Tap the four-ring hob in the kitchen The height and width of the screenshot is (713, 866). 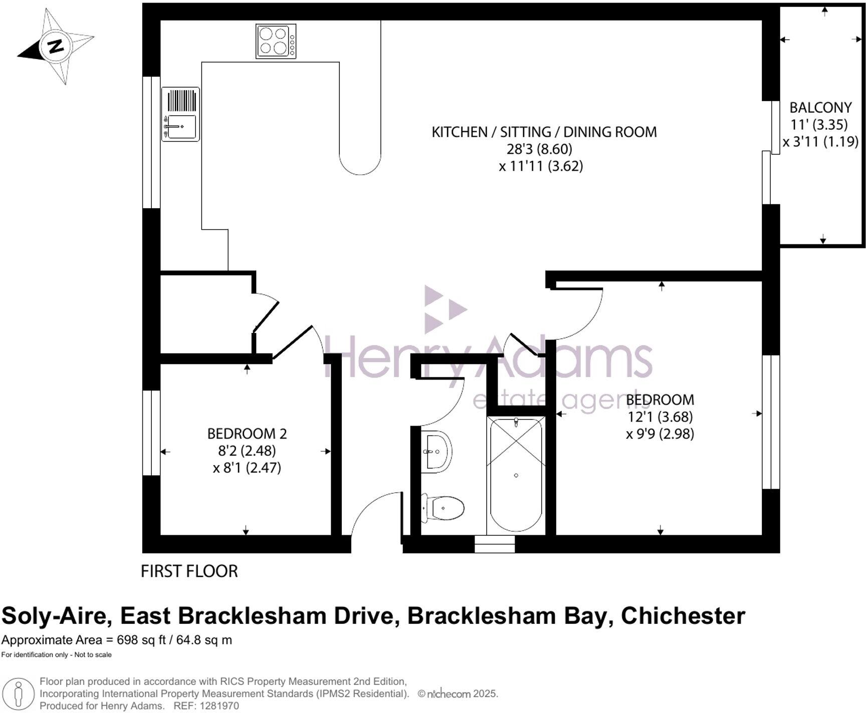tap(275, 41)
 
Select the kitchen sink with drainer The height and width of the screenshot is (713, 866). tap(180, 114)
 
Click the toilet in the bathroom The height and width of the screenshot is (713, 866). tap(444, 508)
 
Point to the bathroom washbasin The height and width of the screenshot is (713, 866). tap(436, 451)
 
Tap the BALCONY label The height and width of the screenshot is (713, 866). tap(820, 108)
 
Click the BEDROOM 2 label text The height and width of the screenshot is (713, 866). tap(247, 434)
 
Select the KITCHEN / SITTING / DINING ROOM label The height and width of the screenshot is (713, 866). tap(544, 132)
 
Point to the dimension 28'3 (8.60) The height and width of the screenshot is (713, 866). tap(540, 149)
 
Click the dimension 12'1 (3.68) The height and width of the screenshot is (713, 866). tap(660, 417)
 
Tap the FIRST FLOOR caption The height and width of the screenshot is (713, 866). tap(189, 571)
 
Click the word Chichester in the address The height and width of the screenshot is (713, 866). tap(683, 616)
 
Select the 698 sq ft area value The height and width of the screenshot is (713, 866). tap(141, 640)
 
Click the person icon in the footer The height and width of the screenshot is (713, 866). tap(19, 694)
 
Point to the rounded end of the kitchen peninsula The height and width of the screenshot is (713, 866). tap(360, 163)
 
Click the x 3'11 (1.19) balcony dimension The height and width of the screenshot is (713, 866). tap(820, 142)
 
